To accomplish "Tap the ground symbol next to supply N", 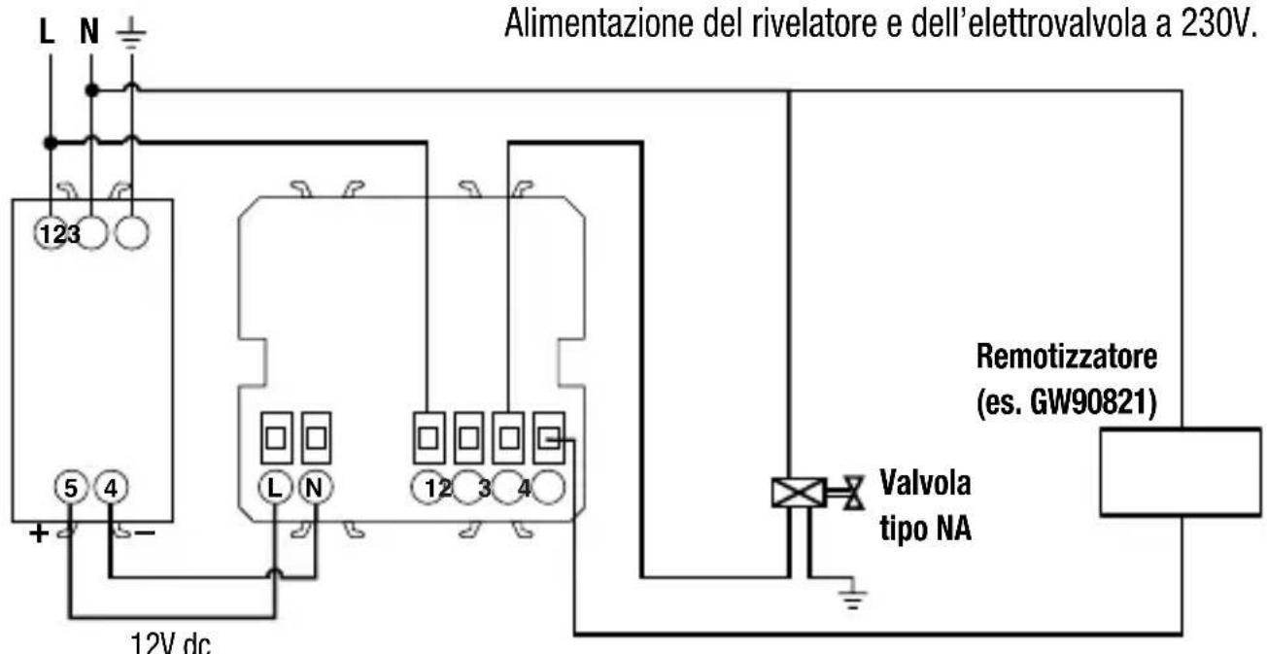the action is pyautogui.click(x=132, y=34).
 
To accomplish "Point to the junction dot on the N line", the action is pyautogui.click(x=90, y=90).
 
